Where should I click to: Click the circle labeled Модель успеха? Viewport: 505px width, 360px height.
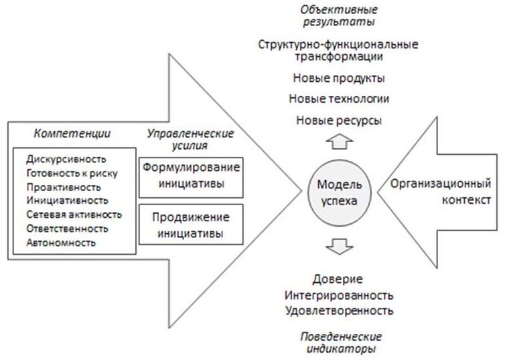pos(340,192)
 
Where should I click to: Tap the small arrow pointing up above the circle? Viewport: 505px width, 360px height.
pos(340,141)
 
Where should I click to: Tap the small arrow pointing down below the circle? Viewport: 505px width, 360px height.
pos(340,247)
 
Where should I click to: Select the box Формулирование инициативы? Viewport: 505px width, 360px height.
pos(191,177)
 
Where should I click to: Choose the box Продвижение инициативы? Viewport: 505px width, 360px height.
pos(191,225)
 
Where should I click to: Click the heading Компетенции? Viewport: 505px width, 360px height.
pos(72,133)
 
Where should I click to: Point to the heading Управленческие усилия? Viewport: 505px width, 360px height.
pos(190,139)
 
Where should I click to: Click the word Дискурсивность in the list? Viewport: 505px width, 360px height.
pos(66,159)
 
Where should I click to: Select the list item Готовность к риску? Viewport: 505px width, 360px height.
pos(72,173)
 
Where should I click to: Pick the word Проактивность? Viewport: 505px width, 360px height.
pos(64,187)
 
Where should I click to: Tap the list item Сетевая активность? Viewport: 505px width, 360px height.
pos(74,215)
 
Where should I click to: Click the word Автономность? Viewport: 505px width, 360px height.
pos(61,243)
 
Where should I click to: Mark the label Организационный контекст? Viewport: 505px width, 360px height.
pos(441,192)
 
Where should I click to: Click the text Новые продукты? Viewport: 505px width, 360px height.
pos(339,78)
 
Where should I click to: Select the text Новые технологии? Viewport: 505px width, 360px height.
pos(339,99)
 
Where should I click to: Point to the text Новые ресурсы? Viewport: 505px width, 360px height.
pos(339,121)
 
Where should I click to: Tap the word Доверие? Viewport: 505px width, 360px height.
pos(338,279)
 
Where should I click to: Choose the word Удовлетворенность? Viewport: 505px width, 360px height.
pos(339,310)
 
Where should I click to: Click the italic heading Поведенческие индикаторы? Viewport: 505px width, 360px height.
pos(341,343)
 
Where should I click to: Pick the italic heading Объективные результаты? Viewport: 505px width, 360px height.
pos(339,15)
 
